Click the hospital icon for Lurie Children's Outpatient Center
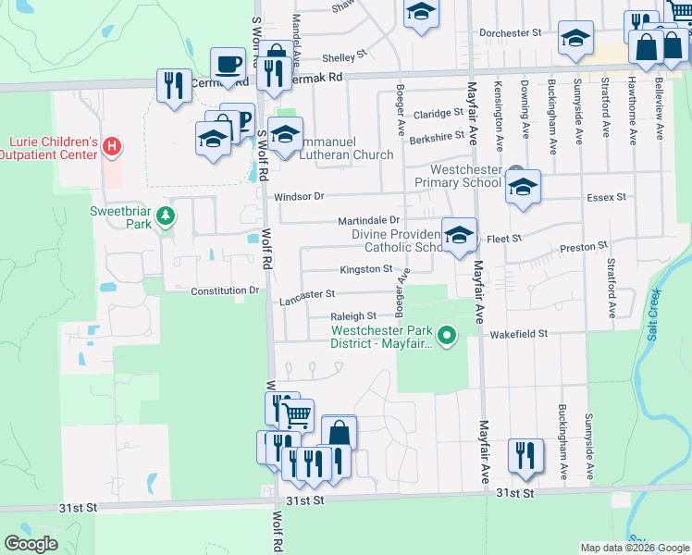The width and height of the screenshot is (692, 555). (112, 146)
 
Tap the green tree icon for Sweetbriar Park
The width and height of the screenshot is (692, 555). (166, 216)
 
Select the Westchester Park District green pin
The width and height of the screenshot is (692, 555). (448, 335)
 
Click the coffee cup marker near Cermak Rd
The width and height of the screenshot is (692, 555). (228, 65)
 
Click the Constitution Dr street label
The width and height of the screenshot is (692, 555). (225, 290)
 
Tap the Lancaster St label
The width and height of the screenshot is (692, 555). (306, 293)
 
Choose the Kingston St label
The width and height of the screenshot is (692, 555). (366, 269)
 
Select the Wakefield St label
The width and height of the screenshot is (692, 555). (519, 333)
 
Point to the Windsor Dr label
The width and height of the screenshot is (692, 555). (299, 196)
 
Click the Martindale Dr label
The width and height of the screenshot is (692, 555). (367, 220)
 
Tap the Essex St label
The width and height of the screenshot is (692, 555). (607, 197)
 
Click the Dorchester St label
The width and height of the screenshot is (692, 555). (510, 32)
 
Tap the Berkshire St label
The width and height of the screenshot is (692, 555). (435, 135)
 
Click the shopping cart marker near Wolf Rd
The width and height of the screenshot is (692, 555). (296, 416)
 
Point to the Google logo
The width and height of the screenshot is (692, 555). (31, 544)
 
